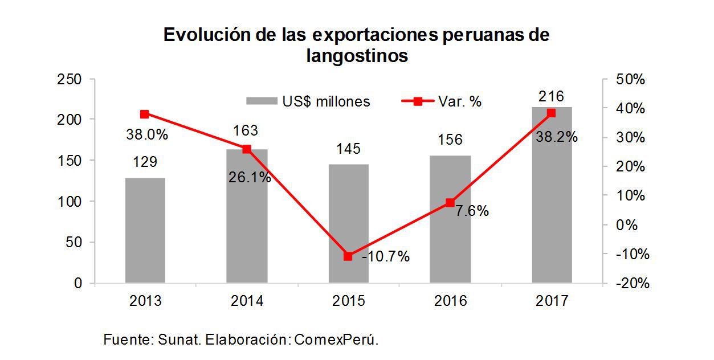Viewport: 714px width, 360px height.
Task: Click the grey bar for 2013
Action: (x=145, y=230)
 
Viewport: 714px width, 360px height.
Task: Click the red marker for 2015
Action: (x=348, y=256)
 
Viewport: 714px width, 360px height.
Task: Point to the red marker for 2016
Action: (x=450, y=203)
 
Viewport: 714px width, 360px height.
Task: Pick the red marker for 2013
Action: (x=145, y=114)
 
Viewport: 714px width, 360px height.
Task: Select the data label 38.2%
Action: (x=556, y=137)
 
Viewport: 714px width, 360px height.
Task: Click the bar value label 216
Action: (x=552, y=96)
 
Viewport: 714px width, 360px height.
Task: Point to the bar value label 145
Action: (x=348, y=149)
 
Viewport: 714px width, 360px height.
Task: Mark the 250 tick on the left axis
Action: (x=70, y=79)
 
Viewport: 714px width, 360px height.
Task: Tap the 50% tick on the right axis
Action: (x=630, y=79)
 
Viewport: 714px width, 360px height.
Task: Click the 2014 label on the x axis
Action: (x=247, y=301)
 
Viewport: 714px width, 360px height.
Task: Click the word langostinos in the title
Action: (x=357, y=56)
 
